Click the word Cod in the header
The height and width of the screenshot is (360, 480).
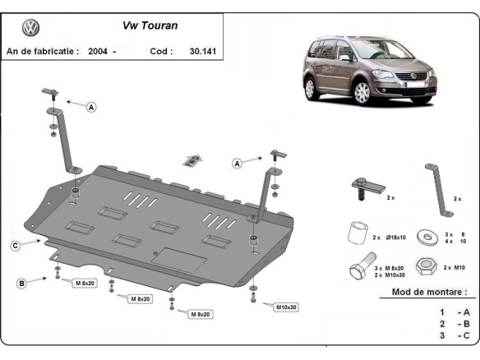[161, 51]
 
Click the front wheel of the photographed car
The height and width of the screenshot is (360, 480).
[361, 91]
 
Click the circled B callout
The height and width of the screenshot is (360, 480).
[21, 283]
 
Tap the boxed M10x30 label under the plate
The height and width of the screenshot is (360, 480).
[285, 307]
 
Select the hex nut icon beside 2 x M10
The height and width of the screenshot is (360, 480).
[427, 268]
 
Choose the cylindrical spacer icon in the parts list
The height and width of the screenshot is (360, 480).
[355, 233]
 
